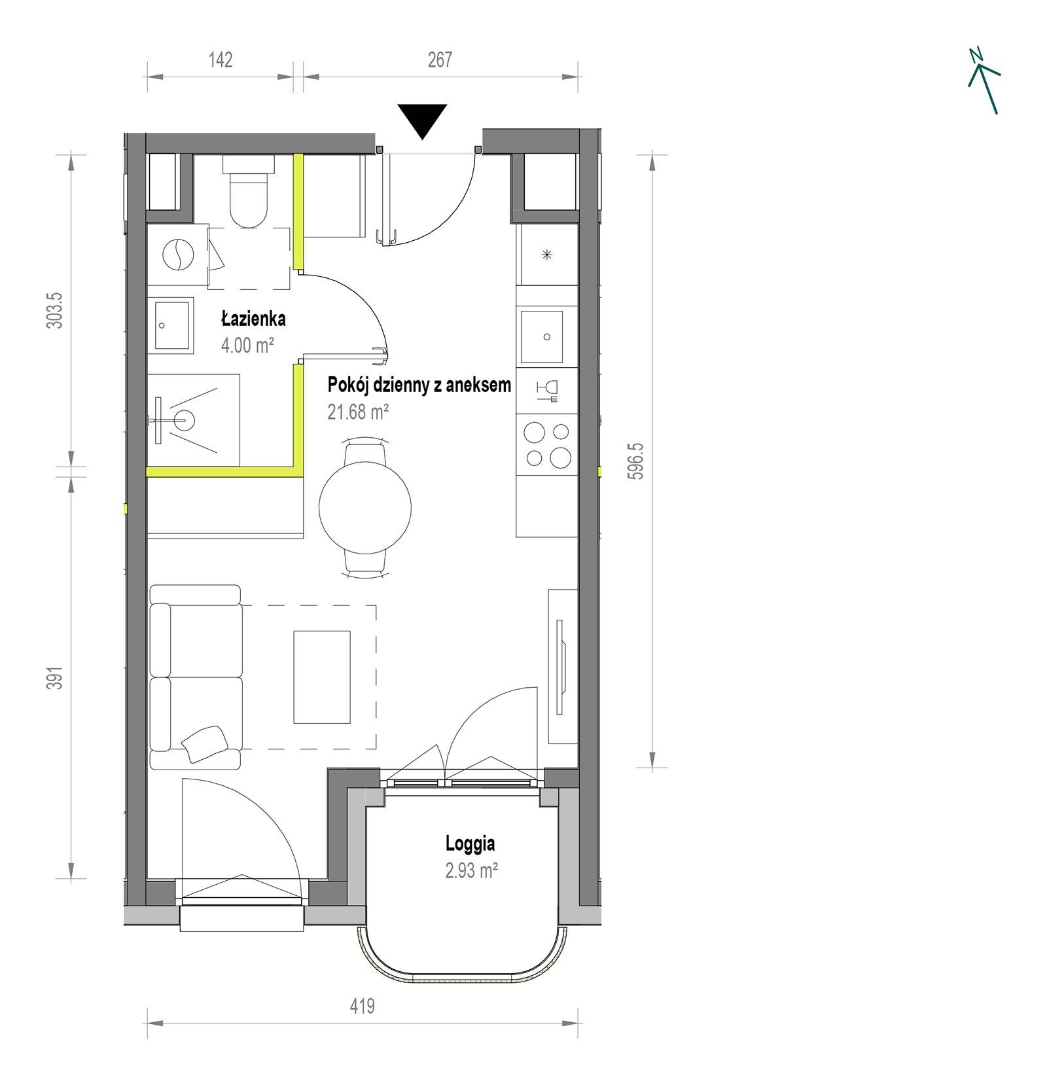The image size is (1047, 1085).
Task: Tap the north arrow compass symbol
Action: pos(984,80)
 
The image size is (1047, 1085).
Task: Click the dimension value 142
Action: pos(221,60)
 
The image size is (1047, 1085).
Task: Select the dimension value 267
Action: pos(440,60)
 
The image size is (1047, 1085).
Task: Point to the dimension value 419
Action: pos(362,1005)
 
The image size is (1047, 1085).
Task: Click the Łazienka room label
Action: pos(253,319)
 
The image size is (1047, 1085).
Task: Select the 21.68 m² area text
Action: pos(358,412)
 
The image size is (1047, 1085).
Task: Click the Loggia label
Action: pos(470,844)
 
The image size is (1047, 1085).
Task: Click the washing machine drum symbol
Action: pos(177,255)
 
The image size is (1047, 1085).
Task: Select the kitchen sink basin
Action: pos(542,337)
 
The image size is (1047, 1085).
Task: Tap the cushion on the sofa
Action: pos(205,744)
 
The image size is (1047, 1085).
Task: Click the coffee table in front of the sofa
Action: pos(322,677)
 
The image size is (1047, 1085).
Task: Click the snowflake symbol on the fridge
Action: pos(548,255)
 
